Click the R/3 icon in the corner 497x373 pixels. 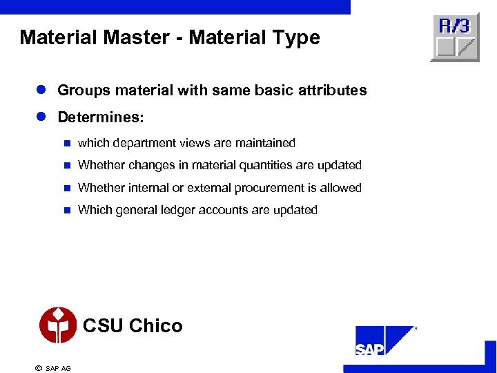coord(455,37)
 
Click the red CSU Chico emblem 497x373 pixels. coord(58,325)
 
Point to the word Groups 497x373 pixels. coord(79,90)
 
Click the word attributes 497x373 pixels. coord(333,90)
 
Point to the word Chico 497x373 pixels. coord(156,325)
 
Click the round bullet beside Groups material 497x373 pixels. coord(42,90)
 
